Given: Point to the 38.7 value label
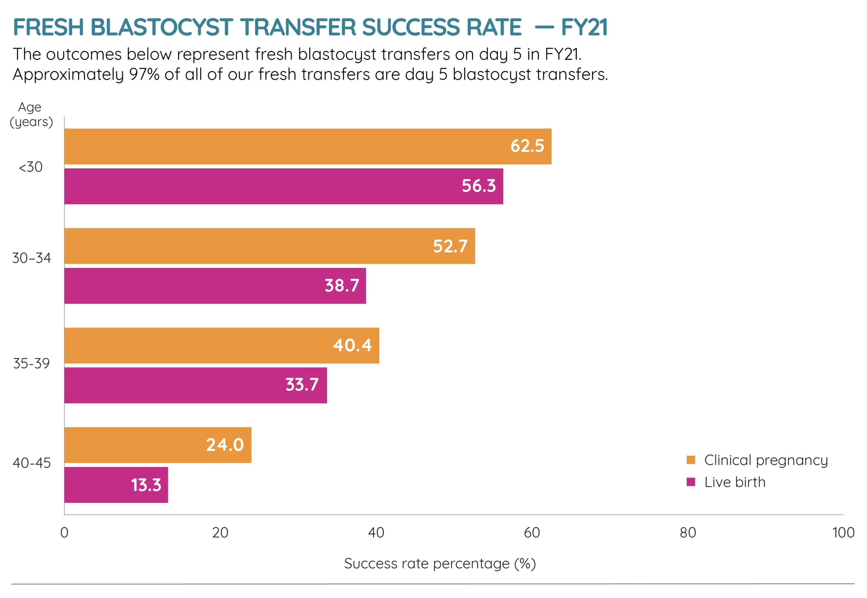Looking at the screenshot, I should click(342, 285).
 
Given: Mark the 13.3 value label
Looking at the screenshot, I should click(146, 485).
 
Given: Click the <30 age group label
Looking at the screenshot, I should click(31, 167).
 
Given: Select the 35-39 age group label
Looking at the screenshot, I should click(31, 363).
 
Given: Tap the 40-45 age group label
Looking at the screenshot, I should click(31, 463).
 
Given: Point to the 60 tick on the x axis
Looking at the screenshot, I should click(532, 532).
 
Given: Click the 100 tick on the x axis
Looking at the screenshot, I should click(843, 532).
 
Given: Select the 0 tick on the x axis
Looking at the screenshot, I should click(64, 532).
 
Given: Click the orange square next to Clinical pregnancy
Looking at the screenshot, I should click(691, 460).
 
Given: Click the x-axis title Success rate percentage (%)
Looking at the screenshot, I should click(440, 563).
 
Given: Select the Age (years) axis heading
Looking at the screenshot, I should click(31, 114).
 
